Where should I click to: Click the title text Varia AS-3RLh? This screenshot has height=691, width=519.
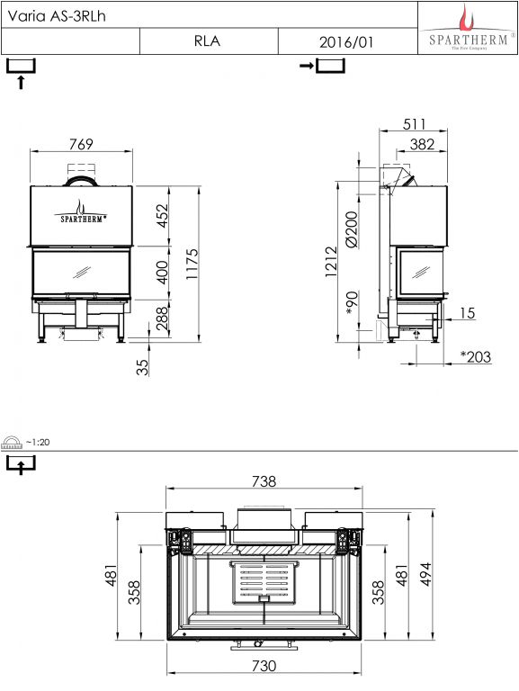click(57, 16)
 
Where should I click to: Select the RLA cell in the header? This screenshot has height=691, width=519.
click(207, 41)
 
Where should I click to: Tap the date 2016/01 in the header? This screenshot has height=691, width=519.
click(346, 42)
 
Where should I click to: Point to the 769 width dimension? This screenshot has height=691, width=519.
click(81, 144)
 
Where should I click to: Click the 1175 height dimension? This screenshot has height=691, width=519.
click(192, 264)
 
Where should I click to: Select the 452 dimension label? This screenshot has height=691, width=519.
click(163, 215)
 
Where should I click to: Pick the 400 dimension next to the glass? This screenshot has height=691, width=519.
click(163, 272)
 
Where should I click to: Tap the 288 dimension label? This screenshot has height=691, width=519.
click(163, 319)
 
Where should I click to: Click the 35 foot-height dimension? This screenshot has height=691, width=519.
click(142, 367)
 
